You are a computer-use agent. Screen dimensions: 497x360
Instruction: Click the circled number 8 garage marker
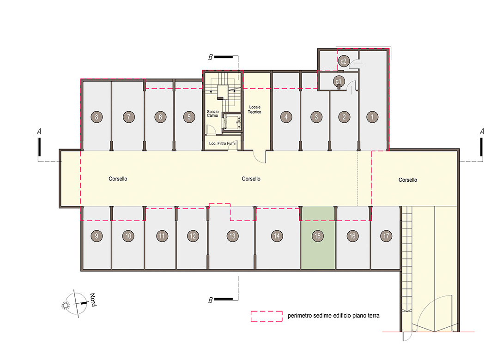point(97,117)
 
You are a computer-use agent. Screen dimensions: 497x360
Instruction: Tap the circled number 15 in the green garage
point(317,236)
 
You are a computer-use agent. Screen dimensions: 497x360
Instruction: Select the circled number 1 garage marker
point(372,117)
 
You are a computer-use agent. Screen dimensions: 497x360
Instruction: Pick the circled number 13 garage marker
point(232,236)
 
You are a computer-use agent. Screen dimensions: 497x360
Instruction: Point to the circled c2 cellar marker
point(344,61)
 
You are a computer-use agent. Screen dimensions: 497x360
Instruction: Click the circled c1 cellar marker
point(339,81)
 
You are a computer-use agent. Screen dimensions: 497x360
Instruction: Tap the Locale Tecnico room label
point(255,109)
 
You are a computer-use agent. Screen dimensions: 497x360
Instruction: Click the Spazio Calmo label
point(212,114)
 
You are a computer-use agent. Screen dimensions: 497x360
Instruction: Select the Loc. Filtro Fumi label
point(222,144)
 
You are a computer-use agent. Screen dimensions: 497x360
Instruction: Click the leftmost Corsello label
point(118,179)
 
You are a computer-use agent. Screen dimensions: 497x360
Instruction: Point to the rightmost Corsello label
point(407,180)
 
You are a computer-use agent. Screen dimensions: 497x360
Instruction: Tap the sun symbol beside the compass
point(66,305)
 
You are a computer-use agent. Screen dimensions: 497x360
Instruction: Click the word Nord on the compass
point(93,300)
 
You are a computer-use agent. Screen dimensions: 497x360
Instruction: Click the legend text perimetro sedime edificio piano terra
point(333,315)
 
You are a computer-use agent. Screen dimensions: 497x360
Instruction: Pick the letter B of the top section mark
point(211,57)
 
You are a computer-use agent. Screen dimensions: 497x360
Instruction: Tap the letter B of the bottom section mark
point(211,300)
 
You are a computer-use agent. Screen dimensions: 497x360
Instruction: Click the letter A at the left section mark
point(39,131)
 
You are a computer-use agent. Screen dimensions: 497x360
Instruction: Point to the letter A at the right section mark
point(482,131)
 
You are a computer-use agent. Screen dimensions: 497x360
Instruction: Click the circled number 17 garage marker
point(386,236)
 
